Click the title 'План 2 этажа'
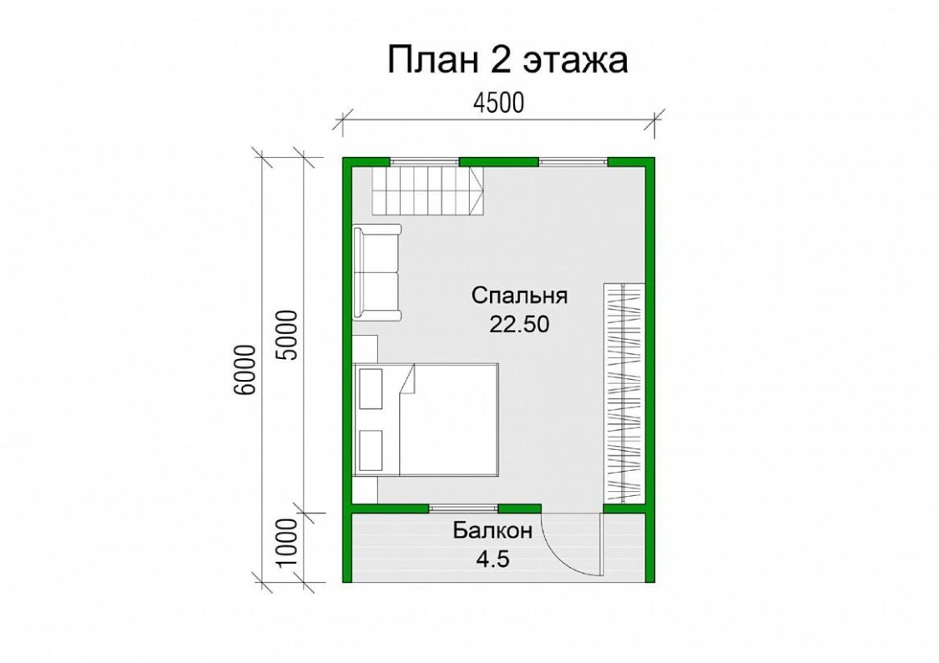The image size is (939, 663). (x=507, y=60)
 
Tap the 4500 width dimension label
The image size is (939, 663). (x=498, y=103)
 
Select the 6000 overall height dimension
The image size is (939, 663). (x=245, y=370)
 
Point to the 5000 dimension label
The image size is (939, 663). (x=285, y=335)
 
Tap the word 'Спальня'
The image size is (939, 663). (x=519, y=296)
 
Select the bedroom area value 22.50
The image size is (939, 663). (x=519, y=324)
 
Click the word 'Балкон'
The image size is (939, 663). (x=492, y=531)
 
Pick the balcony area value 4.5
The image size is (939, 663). (x=492, y=559)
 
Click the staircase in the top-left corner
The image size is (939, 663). (x=427, y=190)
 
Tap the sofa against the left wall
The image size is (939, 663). (x=376, y=272)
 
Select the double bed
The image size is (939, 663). (x=427, y=420)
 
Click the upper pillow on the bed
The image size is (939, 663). (x=370, y=389)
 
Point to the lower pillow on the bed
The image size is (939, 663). (x=370, y=450)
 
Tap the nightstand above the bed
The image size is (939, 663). (x=365, y=348)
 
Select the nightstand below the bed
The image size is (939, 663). (x=365, y=490)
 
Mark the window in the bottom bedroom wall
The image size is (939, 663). (x=463, y=509)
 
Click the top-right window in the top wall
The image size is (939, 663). (x=573, y=160)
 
